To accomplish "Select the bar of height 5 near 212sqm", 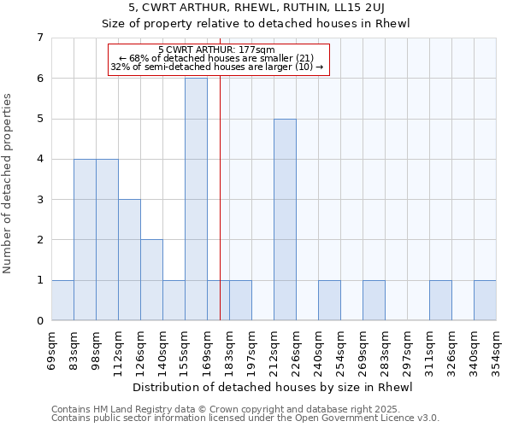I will coord(285,219).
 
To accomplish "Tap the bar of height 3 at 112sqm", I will coord(129,260).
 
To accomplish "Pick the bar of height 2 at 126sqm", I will coord(151,280).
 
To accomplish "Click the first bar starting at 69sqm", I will coord(62,300).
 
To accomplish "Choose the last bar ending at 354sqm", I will coord(485,300).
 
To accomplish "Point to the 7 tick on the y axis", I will coord(39,38).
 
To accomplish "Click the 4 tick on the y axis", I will coord(39,159).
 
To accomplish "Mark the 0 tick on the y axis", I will coord(39,321).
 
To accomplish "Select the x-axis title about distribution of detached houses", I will coord(274,387).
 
